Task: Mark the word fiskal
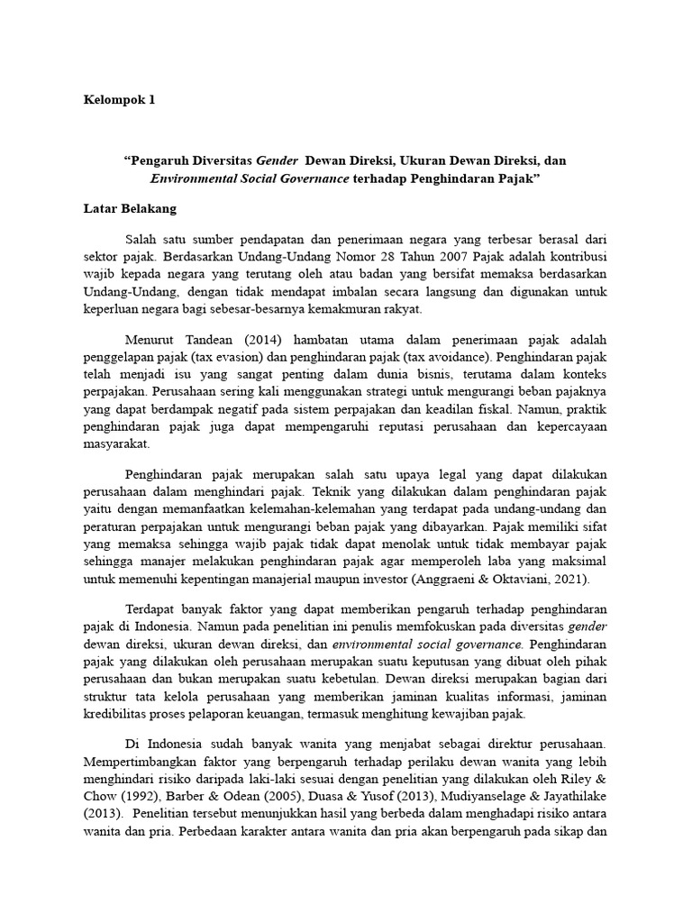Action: pyautogui.click(x=494, y=409)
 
